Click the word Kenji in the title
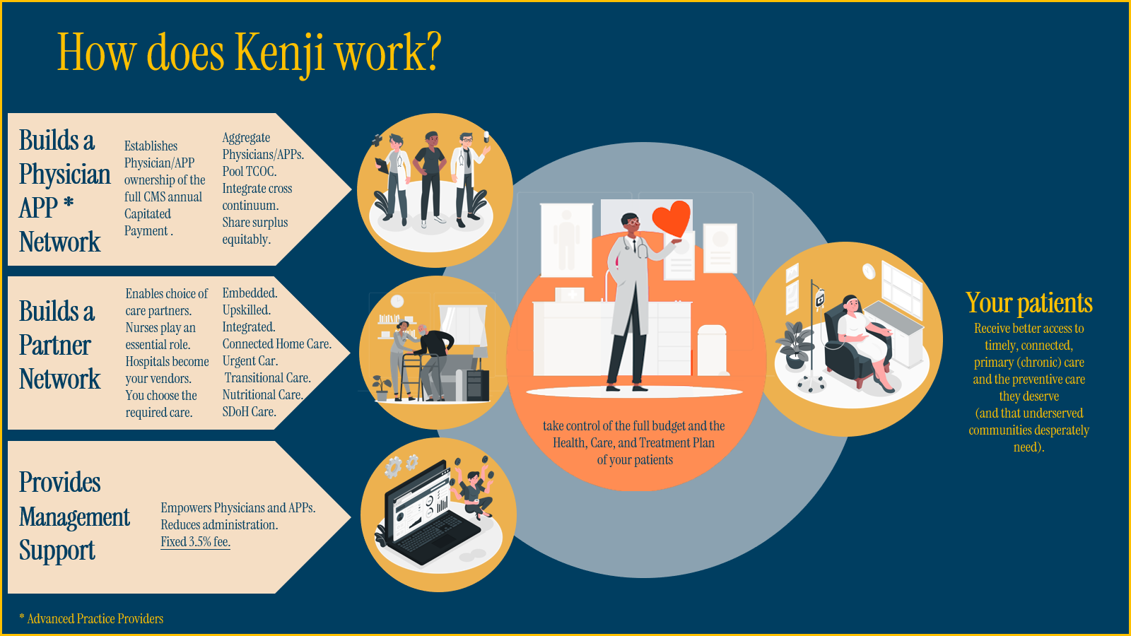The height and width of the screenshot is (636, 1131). click(279, 53)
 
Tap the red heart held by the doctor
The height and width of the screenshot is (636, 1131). click(671, 218)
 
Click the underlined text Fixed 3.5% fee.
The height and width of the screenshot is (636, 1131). click(195, 542)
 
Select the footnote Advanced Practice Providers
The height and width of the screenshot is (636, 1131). click(95, 619)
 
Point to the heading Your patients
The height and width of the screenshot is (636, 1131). click(1029, 303)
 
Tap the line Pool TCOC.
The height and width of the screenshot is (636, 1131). click(250, 172)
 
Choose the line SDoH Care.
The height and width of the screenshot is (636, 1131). click(249, 412)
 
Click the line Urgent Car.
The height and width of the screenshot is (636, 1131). click(250, 361)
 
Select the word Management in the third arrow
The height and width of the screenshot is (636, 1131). click(74, 517)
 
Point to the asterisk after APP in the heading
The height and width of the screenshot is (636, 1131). click(69, 204)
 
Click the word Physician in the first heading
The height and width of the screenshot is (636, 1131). click(65, 175)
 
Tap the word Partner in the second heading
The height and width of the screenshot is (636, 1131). click(55, 346)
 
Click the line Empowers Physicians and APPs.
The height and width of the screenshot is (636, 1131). click(238, 508)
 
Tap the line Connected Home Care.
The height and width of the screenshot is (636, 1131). click(276, 344)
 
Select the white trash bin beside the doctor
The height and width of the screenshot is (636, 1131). click(712, 350)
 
